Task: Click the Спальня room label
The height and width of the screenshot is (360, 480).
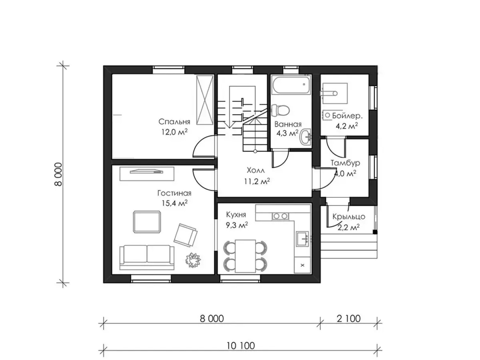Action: pyautogui.click(x=174, y=122)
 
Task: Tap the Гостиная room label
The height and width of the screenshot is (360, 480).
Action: pyautogui.click(x=174, y=193)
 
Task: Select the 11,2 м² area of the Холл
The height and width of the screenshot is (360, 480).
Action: pyautogui.click(x=257, y=181)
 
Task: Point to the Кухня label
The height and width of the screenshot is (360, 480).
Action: pyautogui.click(x=236, y=215)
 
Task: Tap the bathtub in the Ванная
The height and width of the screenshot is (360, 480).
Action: pyautogui.click(x=291, y=85)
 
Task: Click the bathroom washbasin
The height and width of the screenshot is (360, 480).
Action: pyautogui.click(x=306, y=137)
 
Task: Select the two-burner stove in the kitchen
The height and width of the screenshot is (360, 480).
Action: pyautogui.click(x=280, y=216)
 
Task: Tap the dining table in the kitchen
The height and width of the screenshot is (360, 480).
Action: pyautogui.click(x=245, y=256)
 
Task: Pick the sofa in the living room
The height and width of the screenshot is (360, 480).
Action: pyautogui.click(x=147, y=257)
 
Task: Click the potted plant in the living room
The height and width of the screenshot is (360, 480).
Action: pyautogui.click(x=193, y=260)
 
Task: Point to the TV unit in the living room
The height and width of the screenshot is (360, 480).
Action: pyautogui.click(x=147, y=174)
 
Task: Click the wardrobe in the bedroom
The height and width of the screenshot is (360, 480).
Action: pyautogui.click(x=205, y=100)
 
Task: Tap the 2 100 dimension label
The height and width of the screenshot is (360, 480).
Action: pyautogui.click(x=349, y=319)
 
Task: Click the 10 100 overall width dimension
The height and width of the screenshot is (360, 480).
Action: pyautogui.click(x=240, y=346)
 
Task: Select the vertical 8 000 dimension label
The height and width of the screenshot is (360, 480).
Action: pyautogui.click(x=58, y=174)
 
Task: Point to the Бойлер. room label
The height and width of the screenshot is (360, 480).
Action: pyautogui.click(x=347, y=116)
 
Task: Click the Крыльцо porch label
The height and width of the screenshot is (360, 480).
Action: pyautogui.click(x=349, y=217)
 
